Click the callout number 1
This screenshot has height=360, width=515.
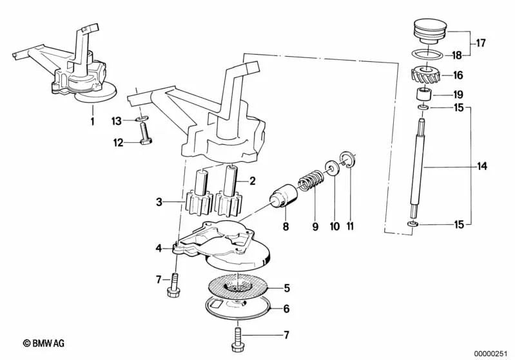(92, 120)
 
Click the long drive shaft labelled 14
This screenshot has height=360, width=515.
(422, 167)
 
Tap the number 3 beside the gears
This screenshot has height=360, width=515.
(159, 202)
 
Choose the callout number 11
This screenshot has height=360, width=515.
(351, 227)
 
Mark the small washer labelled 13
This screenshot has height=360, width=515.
(142, 120)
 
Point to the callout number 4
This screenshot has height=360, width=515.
(159, 247)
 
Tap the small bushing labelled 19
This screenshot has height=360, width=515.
(423, 94)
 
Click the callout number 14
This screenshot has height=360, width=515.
(481, 167)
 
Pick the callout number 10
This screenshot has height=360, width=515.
(335, 227)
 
